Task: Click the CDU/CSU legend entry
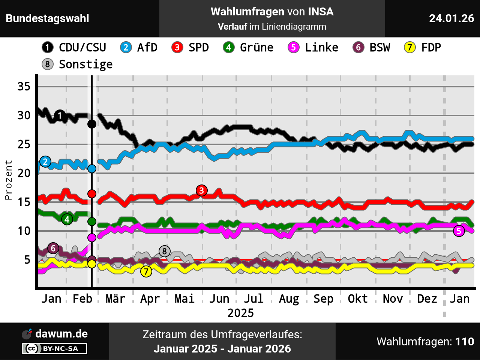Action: click(x=74, y=48)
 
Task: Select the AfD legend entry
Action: click(x=139, y=48)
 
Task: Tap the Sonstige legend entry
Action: click(x=77, y=64)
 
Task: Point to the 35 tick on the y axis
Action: click(x=24, y=87)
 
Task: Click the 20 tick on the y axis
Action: click(x=24, y=173)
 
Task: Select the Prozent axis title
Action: click(x=8, y=180)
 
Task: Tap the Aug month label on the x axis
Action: click(x=289, y=299)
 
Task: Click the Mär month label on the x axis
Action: click(x=115, y=299)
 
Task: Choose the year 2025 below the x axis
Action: click(x=240, y=313)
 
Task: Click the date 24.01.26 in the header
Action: click(x=451, y=18)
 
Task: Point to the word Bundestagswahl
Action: click(x=48, y=18)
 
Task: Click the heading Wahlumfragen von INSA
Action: click(x=272, y=12)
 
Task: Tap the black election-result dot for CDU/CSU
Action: click(x=92, y=124)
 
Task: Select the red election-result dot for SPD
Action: click(x=92, y=194)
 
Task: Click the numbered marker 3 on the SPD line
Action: click(x=202, y=190)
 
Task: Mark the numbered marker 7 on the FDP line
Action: click(x=146, y=271)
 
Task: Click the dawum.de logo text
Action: click(x=61, y=334)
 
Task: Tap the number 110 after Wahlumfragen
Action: click(x=465, y=342)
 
